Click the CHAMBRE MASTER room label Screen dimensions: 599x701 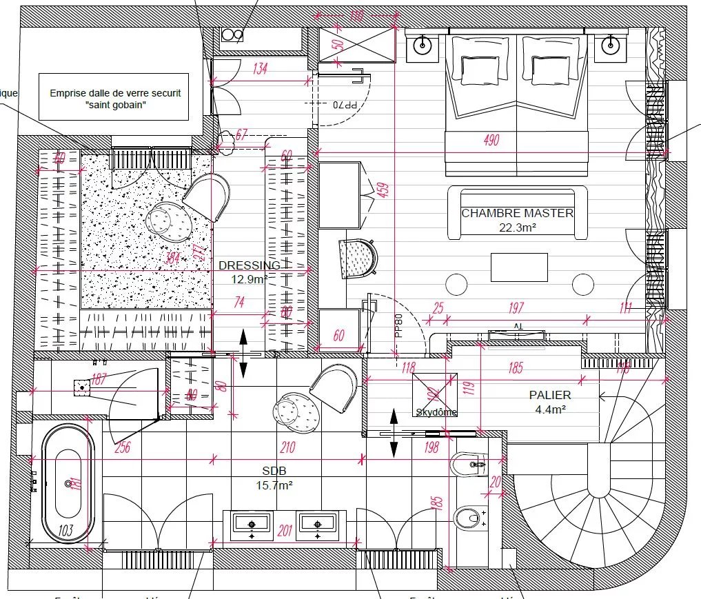(x=517, y=213)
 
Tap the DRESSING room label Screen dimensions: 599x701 (x=249, y=265)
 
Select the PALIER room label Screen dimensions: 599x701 (x=549, y=395)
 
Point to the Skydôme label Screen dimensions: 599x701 (x=436, y=412)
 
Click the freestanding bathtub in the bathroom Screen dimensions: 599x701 (x=68, y=484)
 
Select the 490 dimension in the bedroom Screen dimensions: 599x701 (x=491, y=141)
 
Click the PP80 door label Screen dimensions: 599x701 (x=398, y=325)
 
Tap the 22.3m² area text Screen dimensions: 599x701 (x=517, y=227)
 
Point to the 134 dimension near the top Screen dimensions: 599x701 (x=260, y=68)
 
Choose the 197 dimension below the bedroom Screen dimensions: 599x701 (x=516, y=307)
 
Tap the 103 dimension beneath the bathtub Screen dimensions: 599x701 (x=66, y=530)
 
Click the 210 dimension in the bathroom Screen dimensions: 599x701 (x=287, y=447)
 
